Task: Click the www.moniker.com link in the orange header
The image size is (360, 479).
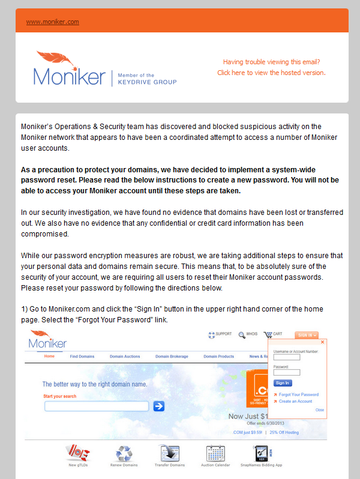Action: tap(52, 22)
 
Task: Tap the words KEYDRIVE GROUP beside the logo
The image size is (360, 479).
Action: tap(147, 82)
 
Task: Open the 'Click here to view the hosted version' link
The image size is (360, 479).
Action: tap(271, 73)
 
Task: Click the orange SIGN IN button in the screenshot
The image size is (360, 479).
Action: tap(306, 335)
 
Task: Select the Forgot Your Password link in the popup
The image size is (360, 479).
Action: tap(298, 394)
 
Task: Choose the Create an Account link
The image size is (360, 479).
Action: tap(295, 401)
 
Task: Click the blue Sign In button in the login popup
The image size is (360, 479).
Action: tap(282, 382)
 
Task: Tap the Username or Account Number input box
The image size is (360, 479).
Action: tap(286, 357)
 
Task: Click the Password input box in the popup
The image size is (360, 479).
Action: tap(286, 372)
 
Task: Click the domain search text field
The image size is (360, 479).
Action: tap(96, 406)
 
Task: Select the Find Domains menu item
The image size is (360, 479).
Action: tap(82, 357)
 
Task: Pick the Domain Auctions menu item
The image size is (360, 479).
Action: tap(124, 357)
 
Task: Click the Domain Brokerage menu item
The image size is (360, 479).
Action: tap(171, 357)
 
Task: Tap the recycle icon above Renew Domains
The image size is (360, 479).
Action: tap(124, 453)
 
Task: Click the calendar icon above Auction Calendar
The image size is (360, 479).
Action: tap(215, 453)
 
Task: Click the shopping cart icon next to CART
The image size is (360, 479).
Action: tap(267, 334)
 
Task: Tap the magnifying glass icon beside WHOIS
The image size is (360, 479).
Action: tap(241, 335)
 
